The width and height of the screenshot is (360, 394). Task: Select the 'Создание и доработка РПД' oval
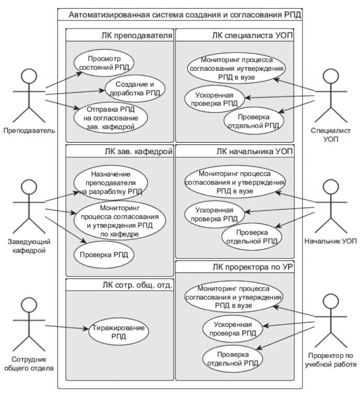point(135,88)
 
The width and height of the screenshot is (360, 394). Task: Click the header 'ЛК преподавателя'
point(137,35)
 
